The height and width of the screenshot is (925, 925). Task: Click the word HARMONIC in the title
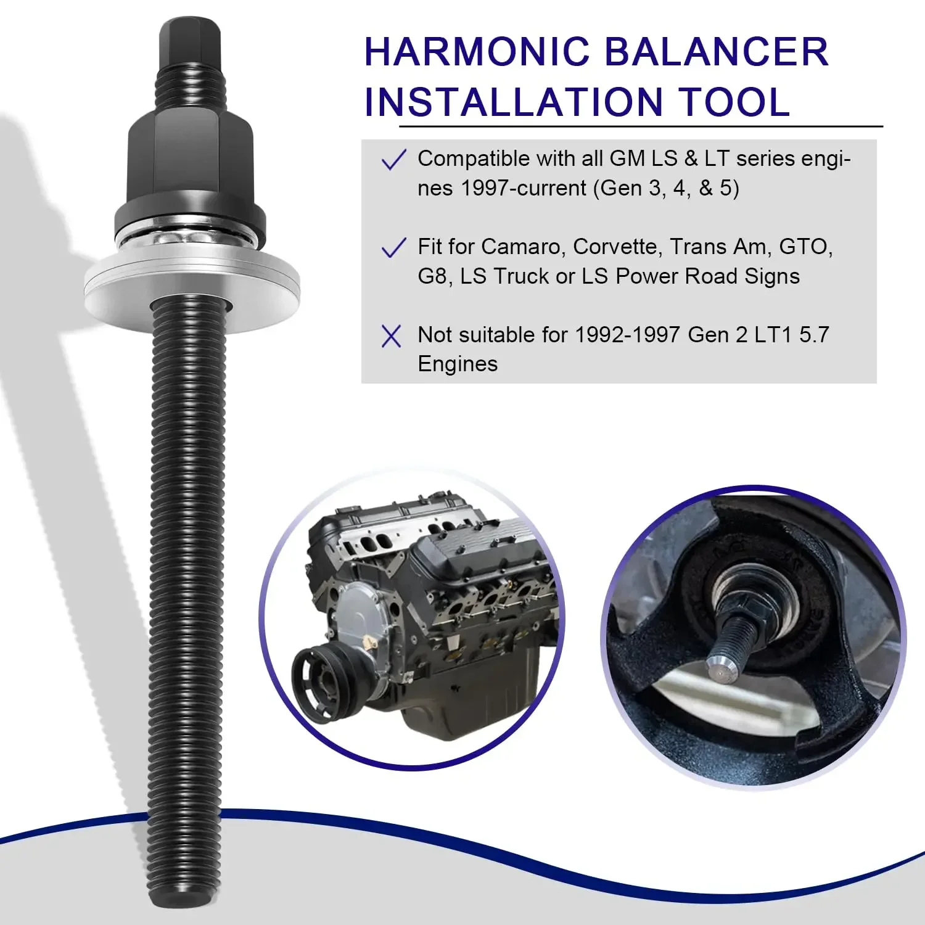tap(477, 52)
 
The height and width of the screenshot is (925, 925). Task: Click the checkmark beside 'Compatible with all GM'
tap(393, 160)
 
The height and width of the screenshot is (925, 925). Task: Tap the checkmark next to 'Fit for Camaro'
tap(393, 248)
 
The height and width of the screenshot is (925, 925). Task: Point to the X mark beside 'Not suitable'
tap(392, 336)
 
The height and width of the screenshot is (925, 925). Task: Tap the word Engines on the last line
tap(458, 364)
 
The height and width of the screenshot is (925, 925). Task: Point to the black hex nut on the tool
tap(191, 160)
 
